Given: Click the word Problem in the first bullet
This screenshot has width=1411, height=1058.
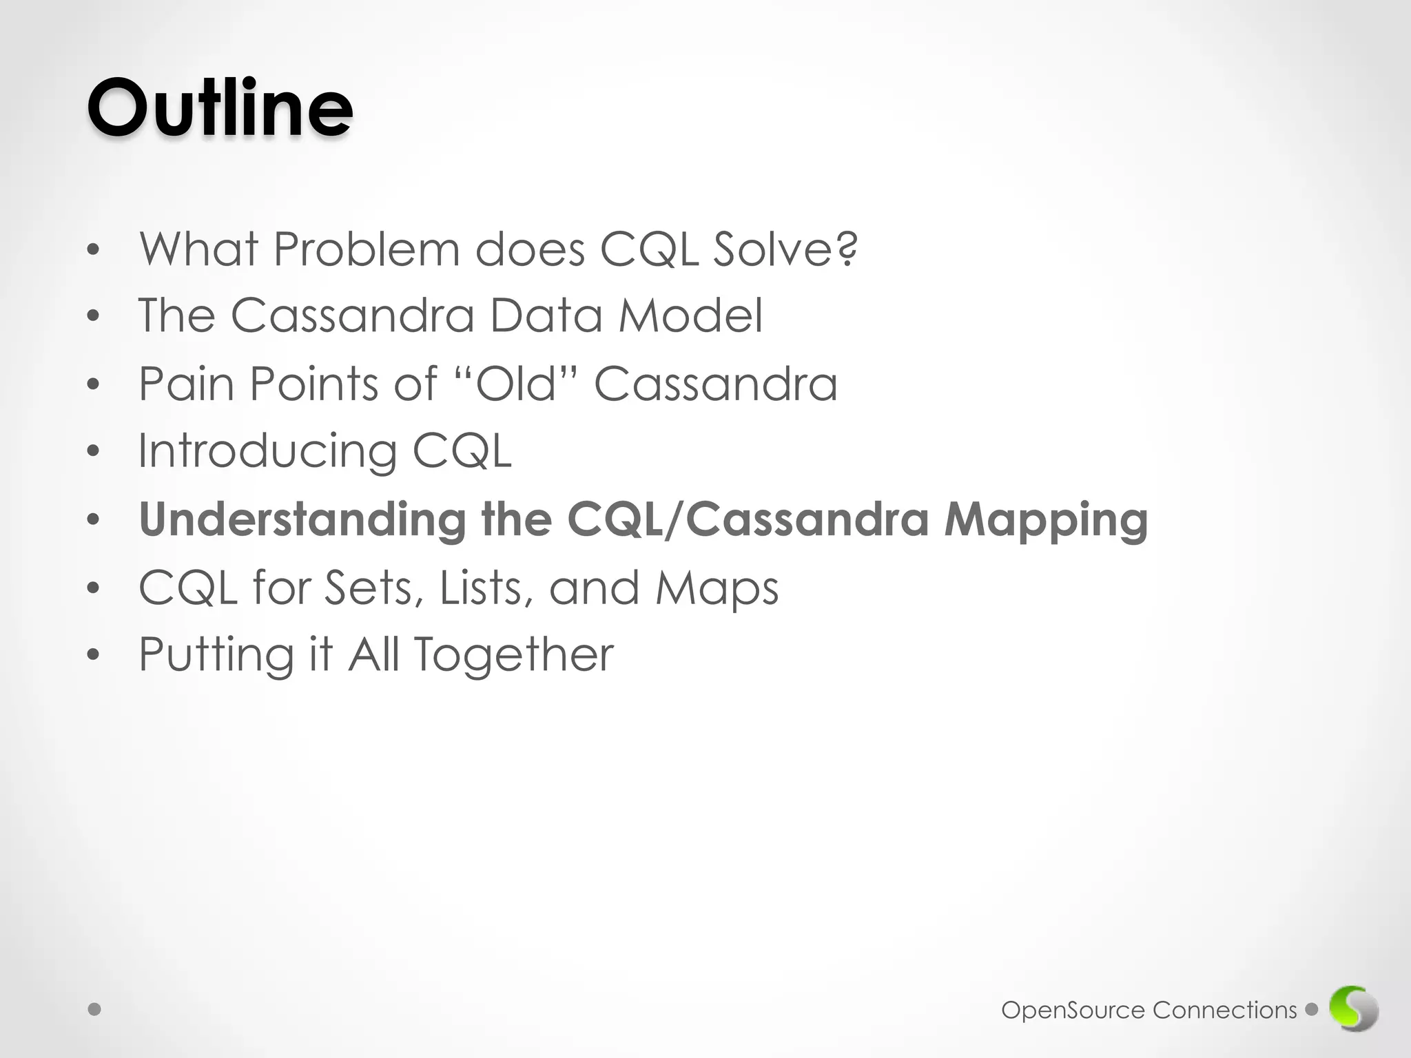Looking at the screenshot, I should click(x=366, y=249).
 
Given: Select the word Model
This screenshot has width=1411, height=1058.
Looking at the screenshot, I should click(x=690, y=315).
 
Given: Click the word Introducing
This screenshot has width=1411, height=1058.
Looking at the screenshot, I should click(x=267, y=451).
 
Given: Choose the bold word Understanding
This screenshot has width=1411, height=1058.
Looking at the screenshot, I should click(x=302, y=519).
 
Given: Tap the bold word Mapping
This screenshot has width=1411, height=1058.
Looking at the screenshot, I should click(x=1045, y=521).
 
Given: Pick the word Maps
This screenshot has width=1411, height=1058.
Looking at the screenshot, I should click(x=717, y=589).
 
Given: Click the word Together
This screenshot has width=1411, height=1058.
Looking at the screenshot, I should click(x=514, y=655).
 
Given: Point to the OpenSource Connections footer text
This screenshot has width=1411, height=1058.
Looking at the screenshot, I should click(x=1149, y=1010).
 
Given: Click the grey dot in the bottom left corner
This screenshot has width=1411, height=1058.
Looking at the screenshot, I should click(x=95, y=1010).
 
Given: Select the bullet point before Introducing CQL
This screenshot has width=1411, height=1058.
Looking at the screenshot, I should click(x=94, y=452).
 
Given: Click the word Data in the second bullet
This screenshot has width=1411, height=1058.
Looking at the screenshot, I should click(x=546, y=315).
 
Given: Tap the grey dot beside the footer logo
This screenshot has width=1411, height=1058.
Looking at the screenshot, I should click(x=1311, y=1010).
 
